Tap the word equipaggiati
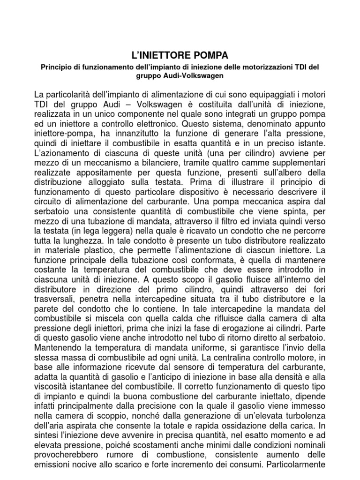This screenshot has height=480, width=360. (280, 93)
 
